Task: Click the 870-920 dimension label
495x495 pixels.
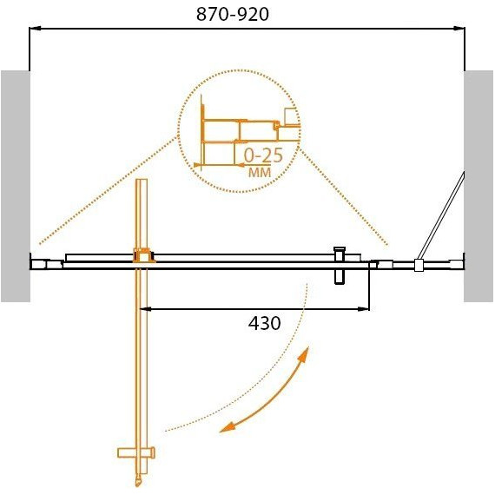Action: pyautogui.click(x=233, y=14)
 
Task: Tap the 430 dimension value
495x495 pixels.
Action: pyautogui.click(x=265, y=323)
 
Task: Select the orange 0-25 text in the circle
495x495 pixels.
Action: pyautogui.click(x=263, y=156)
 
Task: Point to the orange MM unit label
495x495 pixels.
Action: pyautogui.click(x=260, y=172)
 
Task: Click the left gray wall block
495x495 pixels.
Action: pyautogui.click(x=16, y=186)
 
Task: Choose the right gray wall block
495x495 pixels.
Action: pyautogui.click(x=478, y=186)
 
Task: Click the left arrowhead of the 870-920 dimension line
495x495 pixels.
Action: pyautogui.click(x=35, y=29)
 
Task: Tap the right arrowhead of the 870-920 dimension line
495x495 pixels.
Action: pyautogui.click(x=459, y=29)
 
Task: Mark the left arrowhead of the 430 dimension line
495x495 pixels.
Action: pyautogui.click(x=145, y=309)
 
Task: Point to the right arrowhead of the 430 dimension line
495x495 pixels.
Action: pyautogui.click(x=364, y=309)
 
